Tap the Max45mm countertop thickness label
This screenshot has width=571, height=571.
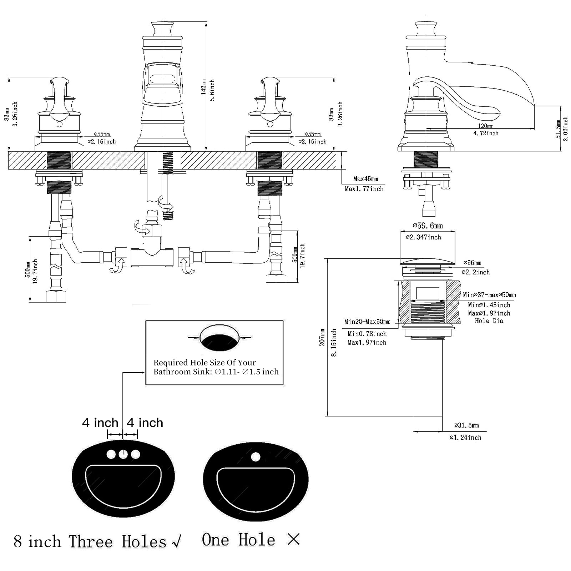coord(365,178)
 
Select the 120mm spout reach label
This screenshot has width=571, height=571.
coord(485,126)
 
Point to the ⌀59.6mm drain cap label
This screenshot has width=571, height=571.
coord(428,226)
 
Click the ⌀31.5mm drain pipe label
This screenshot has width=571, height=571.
coord(466,425)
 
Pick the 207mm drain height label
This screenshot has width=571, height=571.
coord(322,337)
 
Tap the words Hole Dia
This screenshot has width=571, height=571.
coord(489,321)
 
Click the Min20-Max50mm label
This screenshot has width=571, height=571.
coord(367,322)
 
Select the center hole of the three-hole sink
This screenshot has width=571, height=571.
coord(123,454)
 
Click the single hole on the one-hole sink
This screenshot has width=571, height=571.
coord(256,457)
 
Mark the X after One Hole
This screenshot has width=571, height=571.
coord(293,539)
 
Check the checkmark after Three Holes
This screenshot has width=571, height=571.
coord(176,542)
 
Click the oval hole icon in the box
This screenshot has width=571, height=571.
coord(219,338)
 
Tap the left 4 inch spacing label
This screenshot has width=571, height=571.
coord(100,423)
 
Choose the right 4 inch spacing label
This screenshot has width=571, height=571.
coord(145,423)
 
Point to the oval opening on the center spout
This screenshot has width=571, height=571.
coord(162,79)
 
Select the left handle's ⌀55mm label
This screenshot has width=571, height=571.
coord(102,134)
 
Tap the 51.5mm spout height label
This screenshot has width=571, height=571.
coord(558,129)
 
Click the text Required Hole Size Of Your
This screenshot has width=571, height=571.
coord(204,363)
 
